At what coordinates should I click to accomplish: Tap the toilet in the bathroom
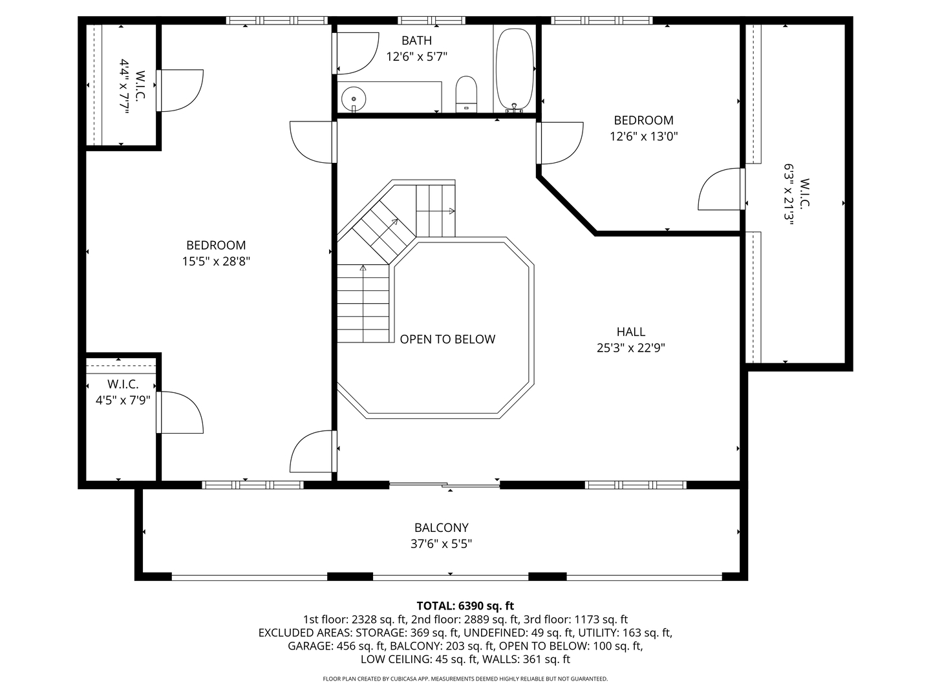(x=465, y=93)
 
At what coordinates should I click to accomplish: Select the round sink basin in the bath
(x=353, y=99)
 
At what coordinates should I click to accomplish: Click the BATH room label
(x=416, y=41)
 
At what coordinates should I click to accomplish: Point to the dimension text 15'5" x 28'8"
(x=216, y=262)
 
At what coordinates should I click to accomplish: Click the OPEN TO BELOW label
(x=447, y=339)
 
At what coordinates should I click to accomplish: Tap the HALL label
(x=630, y=332)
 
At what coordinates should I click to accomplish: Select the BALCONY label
(x=442, y=527)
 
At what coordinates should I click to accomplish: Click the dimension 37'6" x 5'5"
(x=442, y=544)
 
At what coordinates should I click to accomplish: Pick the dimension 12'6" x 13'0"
(x=643, y=136)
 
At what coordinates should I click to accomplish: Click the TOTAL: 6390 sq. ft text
(x=465, y=606)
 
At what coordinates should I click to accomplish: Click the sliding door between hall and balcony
(x=444, y=484)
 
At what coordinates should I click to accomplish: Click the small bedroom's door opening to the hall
(x=559, y=143)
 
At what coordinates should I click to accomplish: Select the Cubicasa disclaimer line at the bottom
(x=465, y=679)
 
